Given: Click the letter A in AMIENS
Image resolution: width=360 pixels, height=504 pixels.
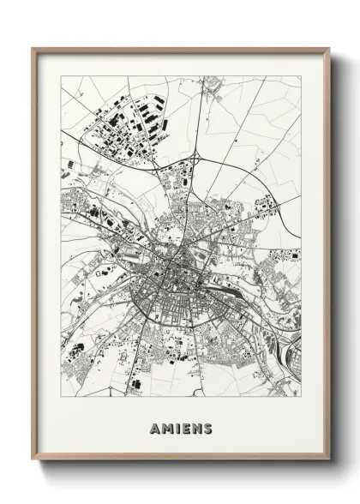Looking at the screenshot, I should click(x=153, y=428).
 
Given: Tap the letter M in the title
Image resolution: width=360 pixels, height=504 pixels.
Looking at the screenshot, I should click(x=165, y=428).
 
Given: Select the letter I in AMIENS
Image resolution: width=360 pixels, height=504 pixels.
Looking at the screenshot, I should click(x=176, y=428).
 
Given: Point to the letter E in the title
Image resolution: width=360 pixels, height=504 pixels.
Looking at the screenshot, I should click(x=184, y=428).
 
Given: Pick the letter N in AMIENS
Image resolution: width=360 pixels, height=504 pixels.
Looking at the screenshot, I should click(x=196, y=428).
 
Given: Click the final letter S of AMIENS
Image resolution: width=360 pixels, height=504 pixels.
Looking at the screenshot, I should click(x=208, y=428).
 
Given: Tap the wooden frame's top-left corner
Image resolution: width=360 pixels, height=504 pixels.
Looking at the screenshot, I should click(x=33, y=48).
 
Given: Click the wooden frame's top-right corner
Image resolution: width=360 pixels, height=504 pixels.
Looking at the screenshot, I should click(x=329, y=48).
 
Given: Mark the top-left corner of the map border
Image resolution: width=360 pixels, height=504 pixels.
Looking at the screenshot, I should click(x=61, y=76).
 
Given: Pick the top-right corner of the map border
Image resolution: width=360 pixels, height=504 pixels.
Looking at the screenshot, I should click(x=301, y=76).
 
